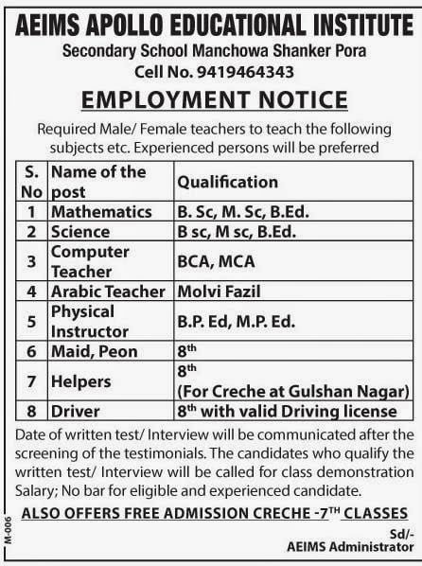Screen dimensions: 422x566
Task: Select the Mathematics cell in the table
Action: (x=101, y=210)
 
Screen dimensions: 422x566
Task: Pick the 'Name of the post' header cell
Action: (x=98, y=180)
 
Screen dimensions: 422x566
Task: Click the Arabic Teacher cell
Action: (x=108, y=292)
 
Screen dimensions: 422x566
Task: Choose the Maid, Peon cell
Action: (x=95, y=351)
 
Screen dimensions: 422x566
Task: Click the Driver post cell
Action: (x=77, y=412)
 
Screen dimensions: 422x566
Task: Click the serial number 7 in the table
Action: (x=32, y=381)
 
